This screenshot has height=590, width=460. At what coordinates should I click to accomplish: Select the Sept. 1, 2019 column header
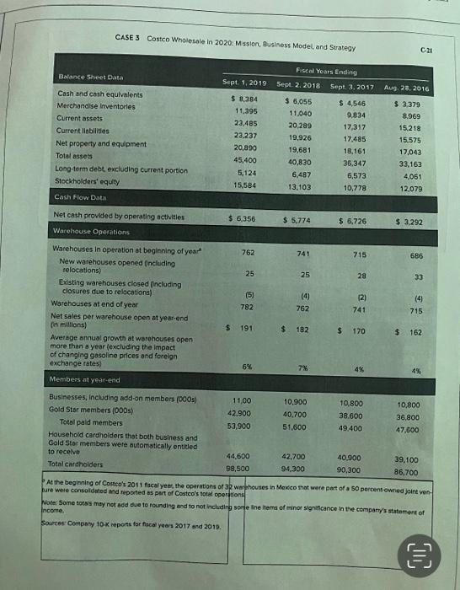coord(244,84)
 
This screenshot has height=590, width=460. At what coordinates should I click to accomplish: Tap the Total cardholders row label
coord(82,464)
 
